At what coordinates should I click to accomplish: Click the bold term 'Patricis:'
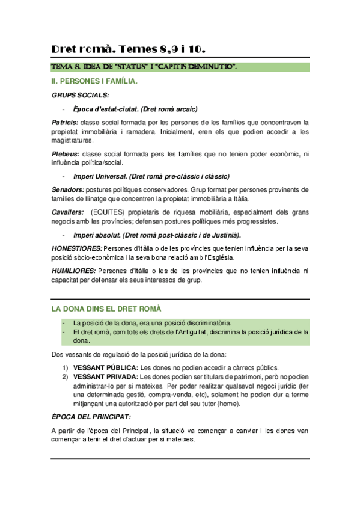(65, 122)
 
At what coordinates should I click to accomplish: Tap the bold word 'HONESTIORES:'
(77, 248)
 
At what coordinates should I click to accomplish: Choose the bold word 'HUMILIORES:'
(73, 271)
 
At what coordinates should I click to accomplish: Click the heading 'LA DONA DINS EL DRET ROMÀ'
(106, 309)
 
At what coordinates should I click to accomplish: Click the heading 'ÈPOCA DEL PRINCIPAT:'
(91, 417)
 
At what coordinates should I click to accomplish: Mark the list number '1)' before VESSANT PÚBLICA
(65, 368)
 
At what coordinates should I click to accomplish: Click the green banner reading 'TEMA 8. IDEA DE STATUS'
(144, 66)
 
